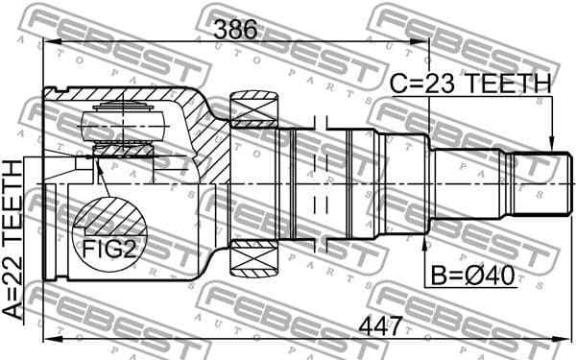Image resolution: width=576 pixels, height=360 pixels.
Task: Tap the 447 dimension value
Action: (379, 326)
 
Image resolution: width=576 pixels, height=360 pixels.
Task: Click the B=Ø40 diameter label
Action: (472, 277)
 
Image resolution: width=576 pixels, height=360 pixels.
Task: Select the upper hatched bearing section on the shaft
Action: (254, 109)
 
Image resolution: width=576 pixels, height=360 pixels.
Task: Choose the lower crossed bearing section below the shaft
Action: (254, 257)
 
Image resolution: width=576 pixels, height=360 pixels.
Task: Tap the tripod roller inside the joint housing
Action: (120, 125)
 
